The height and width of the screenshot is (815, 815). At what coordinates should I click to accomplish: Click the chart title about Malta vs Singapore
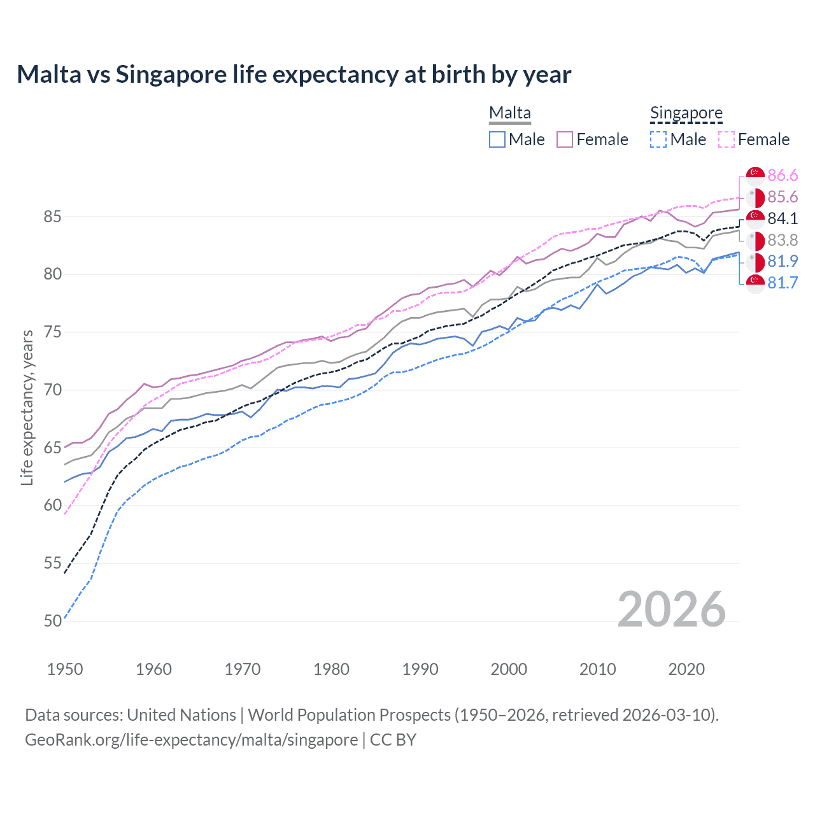(294, 74)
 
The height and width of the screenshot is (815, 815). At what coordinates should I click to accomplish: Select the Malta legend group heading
(509, 113)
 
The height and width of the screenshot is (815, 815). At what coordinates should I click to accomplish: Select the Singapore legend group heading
(686, 113)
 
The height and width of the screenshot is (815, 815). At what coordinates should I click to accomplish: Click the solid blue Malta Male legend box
(497, 139)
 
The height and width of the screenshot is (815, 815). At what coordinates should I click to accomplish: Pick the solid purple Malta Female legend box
(565, 139)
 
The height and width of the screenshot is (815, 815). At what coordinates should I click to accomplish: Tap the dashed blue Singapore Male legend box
(659, 139)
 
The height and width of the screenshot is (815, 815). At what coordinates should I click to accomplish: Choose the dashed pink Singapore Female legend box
(726, 139)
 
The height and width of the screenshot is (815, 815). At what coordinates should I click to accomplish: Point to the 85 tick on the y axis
(52, 217)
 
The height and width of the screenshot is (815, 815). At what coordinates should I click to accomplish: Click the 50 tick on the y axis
(52, 621)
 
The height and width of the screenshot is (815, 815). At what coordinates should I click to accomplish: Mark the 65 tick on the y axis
(52, 448)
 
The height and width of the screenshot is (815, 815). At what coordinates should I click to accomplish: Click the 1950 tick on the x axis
(65, 669)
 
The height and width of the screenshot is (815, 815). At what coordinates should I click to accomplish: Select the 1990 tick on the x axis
(420, 669)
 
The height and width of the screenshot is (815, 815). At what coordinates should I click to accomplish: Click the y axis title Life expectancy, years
(27, 407)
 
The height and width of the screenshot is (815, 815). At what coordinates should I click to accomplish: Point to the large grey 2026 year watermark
(671, 609)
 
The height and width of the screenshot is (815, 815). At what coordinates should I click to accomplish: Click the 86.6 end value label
(783, 176)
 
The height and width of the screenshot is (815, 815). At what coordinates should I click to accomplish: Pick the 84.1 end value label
(783, 219)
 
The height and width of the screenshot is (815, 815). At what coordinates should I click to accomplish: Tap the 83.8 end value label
(783, 241)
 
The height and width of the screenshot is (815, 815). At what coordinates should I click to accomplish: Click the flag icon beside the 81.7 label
(755, 283)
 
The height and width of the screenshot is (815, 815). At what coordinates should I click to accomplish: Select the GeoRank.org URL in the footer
(191, 740)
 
